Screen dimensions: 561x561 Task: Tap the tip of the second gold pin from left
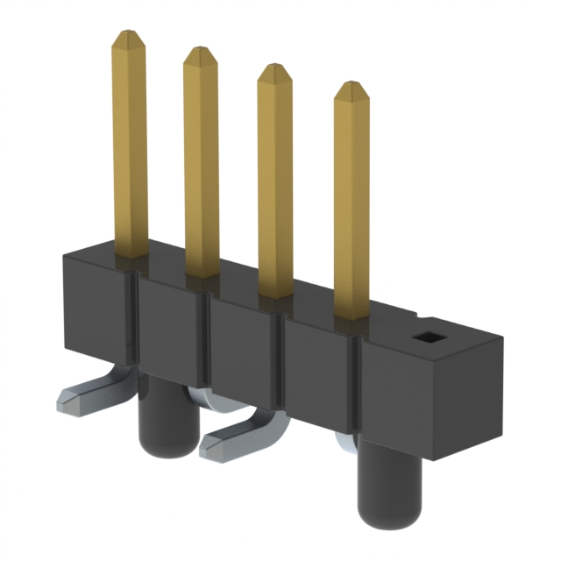[200, 52]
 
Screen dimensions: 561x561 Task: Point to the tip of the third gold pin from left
[274, 68]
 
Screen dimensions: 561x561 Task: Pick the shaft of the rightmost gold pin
[352, 210]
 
